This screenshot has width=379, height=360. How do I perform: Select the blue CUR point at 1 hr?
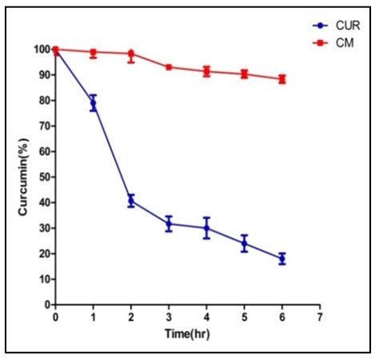point(93,103)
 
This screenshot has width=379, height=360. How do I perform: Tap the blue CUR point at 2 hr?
point(131,200)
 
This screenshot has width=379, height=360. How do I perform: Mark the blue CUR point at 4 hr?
point(206,228)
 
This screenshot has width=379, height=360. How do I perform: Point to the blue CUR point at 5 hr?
point(244,243)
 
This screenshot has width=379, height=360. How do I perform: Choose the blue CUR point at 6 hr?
point(281,258)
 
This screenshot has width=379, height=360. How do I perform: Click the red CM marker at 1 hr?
point(93,53)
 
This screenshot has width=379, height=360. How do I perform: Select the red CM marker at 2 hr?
point(131,54)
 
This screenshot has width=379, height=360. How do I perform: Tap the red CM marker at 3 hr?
point(169,67)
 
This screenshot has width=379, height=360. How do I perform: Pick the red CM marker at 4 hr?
point(206,71)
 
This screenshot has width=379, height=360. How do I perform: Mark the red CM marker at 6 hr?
point(281,79)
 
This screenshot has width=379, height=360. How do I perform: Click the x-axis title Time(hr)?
point(186,335)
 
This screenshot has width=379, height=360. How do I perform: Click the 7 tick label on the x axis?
point(319,318)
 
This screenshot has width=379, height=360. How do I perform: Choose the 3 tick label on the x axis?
point(169,318)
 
